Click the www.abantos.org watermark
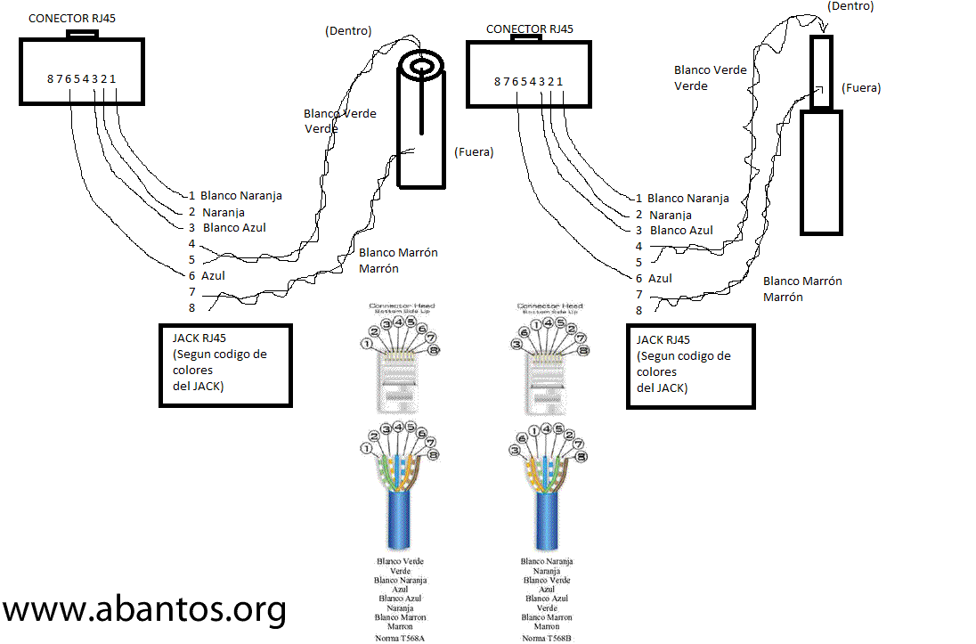[145, 610]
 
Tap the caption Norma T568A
[399, 638]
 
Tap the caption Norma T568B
[547, 638]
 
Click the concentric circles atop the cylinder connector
[421, 67]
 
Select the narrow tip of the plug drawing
[822, 67]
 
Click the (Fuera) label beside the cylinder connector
[474, 152]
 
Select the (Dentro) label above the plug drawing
[850, 6]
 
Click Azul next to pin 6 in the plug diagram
[661, 279]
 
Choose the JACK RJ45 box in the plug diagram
[691, 366]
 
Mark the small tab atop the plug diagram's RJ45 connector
[526, 38]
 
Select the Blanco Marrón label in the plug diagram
[802, 281]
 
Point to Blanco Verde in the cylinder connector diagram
[340, 114]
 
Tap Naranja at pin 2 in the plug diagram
[671, 216]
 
